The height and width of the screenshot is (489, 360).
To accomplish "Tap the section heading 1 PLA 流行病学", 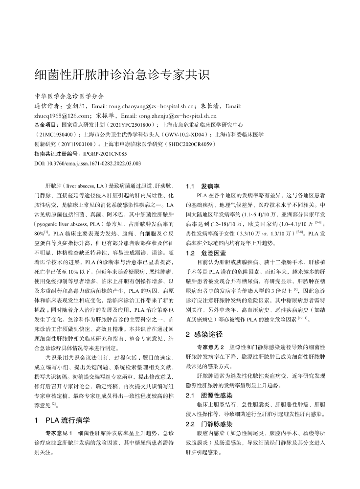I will click(62, 419).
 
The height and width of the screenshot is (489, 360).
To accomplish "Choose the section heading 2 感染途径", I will click(204, 334).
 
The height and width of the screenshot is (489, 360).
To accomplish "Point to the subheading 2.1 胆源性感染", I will click(209, 395).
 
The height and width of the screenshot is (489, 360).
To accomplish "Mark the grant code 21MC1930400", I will click(55, 135).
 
